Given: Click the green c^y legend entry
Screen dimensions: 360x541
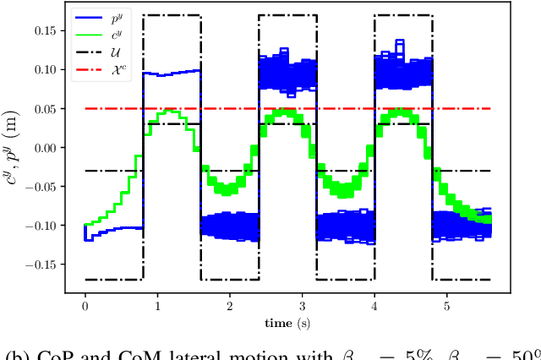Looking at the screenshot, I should coord(96,30).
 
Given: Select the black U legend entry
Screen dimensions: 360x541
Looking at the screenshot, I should coord(96,46).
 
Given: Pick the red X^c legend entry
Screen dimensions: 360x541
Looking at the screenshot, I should coord(96,63).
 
